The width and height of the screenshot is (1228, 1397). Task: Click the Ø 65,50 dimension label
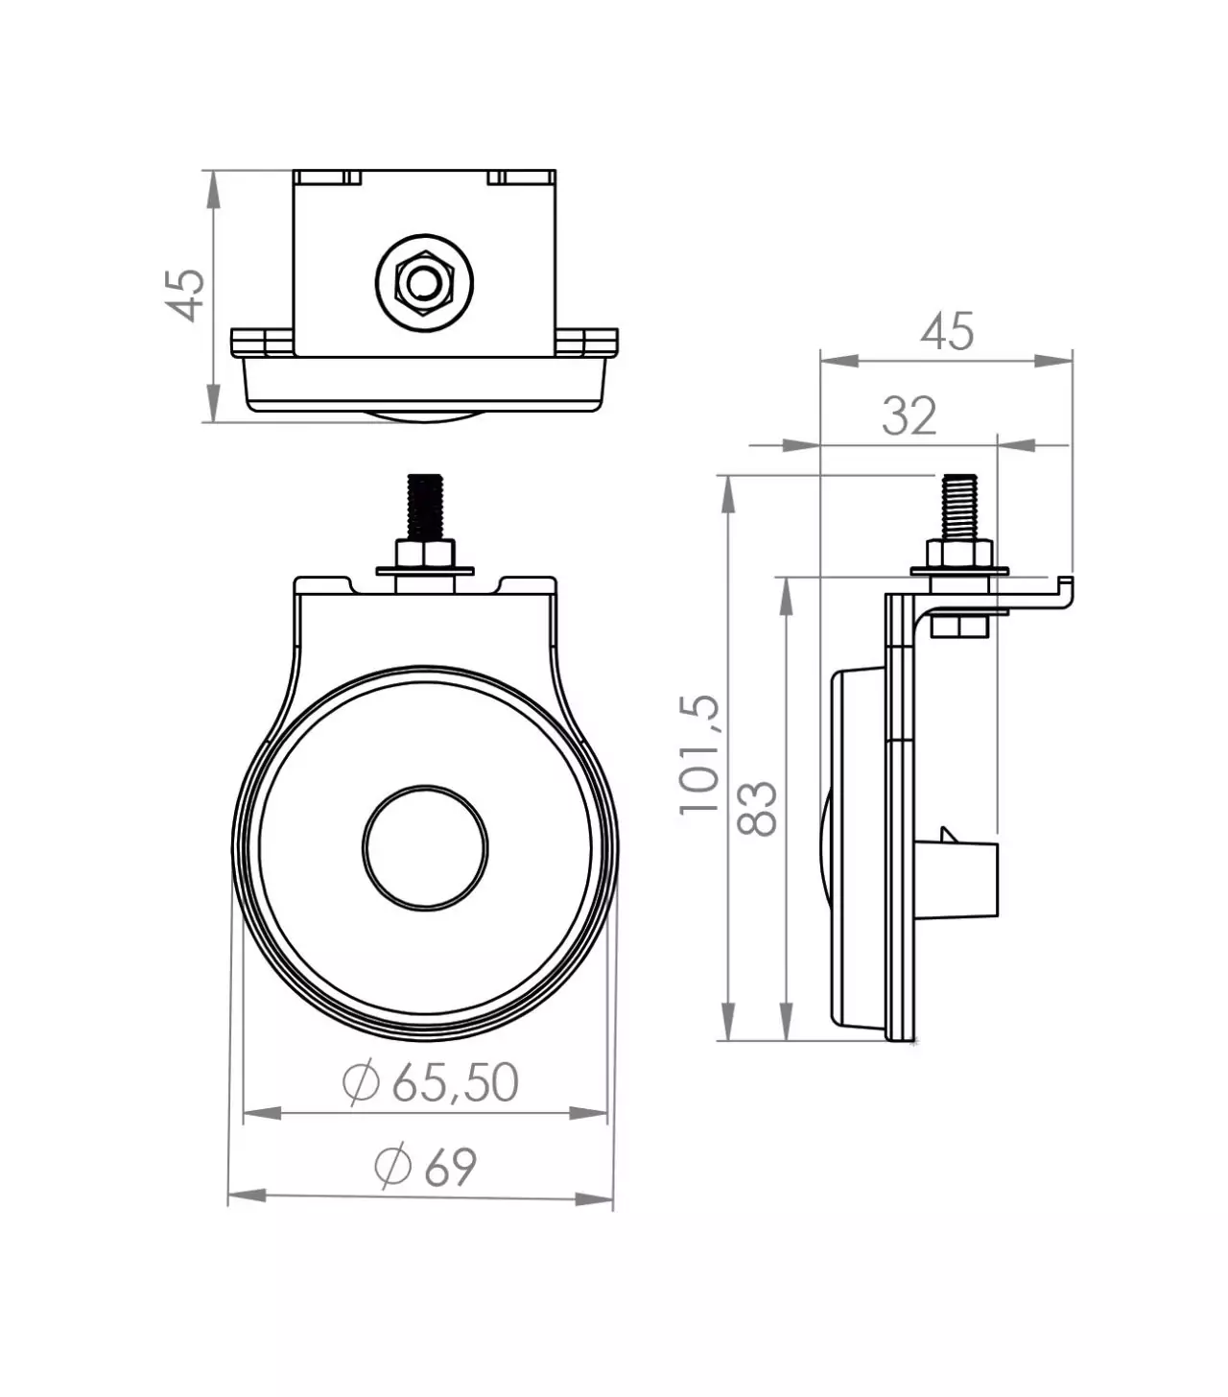pyautogui.click(x=430, y=1082)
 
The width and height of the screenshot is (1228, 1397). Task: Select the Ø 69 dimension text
pyautogui.click(x=425, y=1167)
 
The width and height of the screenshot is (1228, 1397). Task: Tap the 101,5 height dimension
pyautogui.click(x=699, y=755)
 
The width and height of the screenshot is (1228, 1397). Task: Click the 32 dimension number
pyautogui.click(x=909, y=415)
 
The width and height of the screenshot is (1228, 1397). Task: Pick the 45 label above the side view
pyautogui.click(x=947, y=332)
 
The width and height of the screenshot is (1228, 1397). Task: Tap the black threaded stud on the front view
pyautogui.click(x=425, y=508)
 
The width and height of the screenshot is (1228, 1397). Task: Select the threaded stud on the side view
pyautogui.click(x=959, y=508)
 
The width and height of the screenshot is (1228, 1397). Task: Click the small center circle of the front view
pyautogui.click(x=425, y=847)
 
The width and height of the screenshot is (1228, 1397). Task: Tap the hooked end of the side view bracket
pyautogui.click(x=1065, y=592)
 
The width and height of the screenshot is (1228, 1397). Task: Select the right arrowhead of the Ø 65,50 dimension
pyautogui.click(x=588, y=1114)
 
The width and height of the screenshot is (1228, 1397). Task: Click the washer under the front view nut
pyautogui.click(x=425, y=571)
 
